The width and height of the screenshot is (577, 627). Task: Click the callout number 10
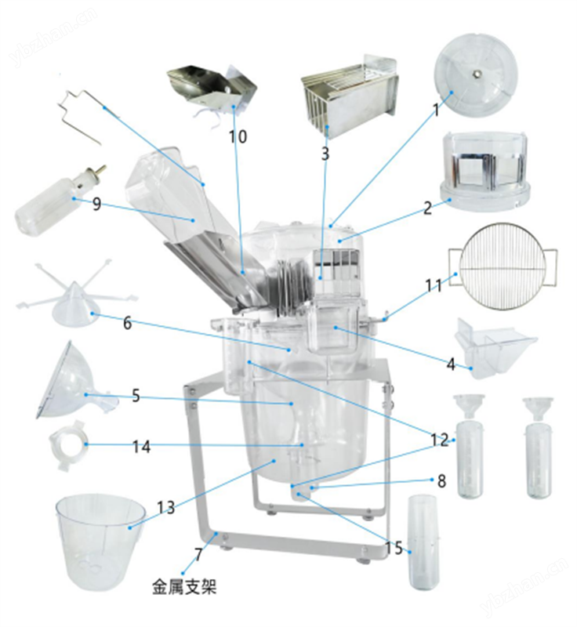[238, 136]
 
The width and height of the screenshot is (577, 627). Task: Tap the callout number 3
[325, 154]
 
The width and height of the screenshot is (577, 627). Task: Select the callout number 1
[437, 111]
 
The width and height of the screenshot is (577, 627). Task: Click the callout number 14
[141, 446]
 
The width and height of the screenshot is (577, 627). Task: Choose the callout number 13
[165, 508]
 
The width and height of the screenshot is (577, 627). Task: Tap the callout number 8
[441, 481]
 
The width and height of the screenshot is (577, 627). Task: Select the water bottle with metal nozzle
[56, 202]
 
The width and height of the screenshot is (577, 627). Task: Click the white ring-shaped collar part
[65, 447]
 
